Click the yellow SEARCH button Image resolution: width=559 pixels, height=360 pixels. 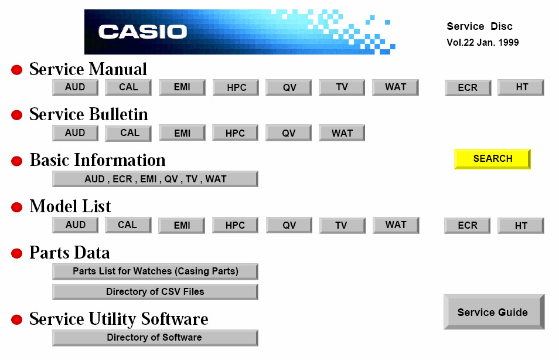click(x=492, y=159)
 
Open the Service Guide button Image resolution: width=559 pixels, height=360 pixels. click(x=494, y=311)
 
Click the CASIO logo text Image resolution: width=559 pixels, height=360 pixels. click(x=142, y=32)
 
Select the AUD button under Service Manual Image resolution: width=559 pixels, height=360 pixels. click(x=75, y=87)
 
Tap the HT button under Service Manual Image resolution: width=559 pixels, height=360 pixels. click(x=521, y=87)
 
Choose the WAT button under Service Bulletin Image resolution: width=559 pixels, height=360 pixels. click(x=342, y=133)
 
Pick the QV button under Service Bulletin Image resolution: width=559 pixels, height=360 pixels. click(x=288, y=133)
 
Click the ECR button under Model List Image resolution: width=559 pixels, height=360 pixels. click(x=467, y=226)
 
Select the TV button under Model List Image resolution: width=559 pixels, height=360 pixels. click(x=342, y=226)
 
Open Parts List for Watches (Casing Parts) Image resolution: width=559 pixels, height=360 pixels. click(x=155, y=271)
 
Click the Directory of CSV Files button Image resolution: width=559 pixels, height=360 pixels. click(x=155, y=292)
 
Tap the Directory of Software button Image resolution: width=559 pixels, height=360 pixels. click(x=155, y=338)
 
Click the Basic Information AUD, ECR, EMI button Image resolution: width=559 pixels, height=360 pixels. click(x=155, y=179)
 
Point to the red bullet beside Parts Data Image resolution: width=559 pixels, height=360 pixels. click(x=17, y=253)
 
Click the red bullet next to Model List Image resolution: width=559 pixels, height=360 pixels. click(x=17, y=208)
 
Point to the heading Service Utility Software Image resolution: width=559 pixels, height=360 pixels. click(x=119, y=319)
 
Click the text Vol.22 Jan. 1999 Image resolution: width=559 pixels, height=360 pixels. click(x=483, y=42)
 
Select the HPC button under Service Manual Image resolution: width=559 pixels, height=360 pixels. click(x=236, y=87)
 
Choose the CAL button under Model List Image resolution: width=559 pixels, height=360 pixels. click(x=128, y=226)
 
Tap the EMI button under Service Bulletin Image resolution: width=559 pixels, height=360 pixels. click(x=182, y=133)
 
